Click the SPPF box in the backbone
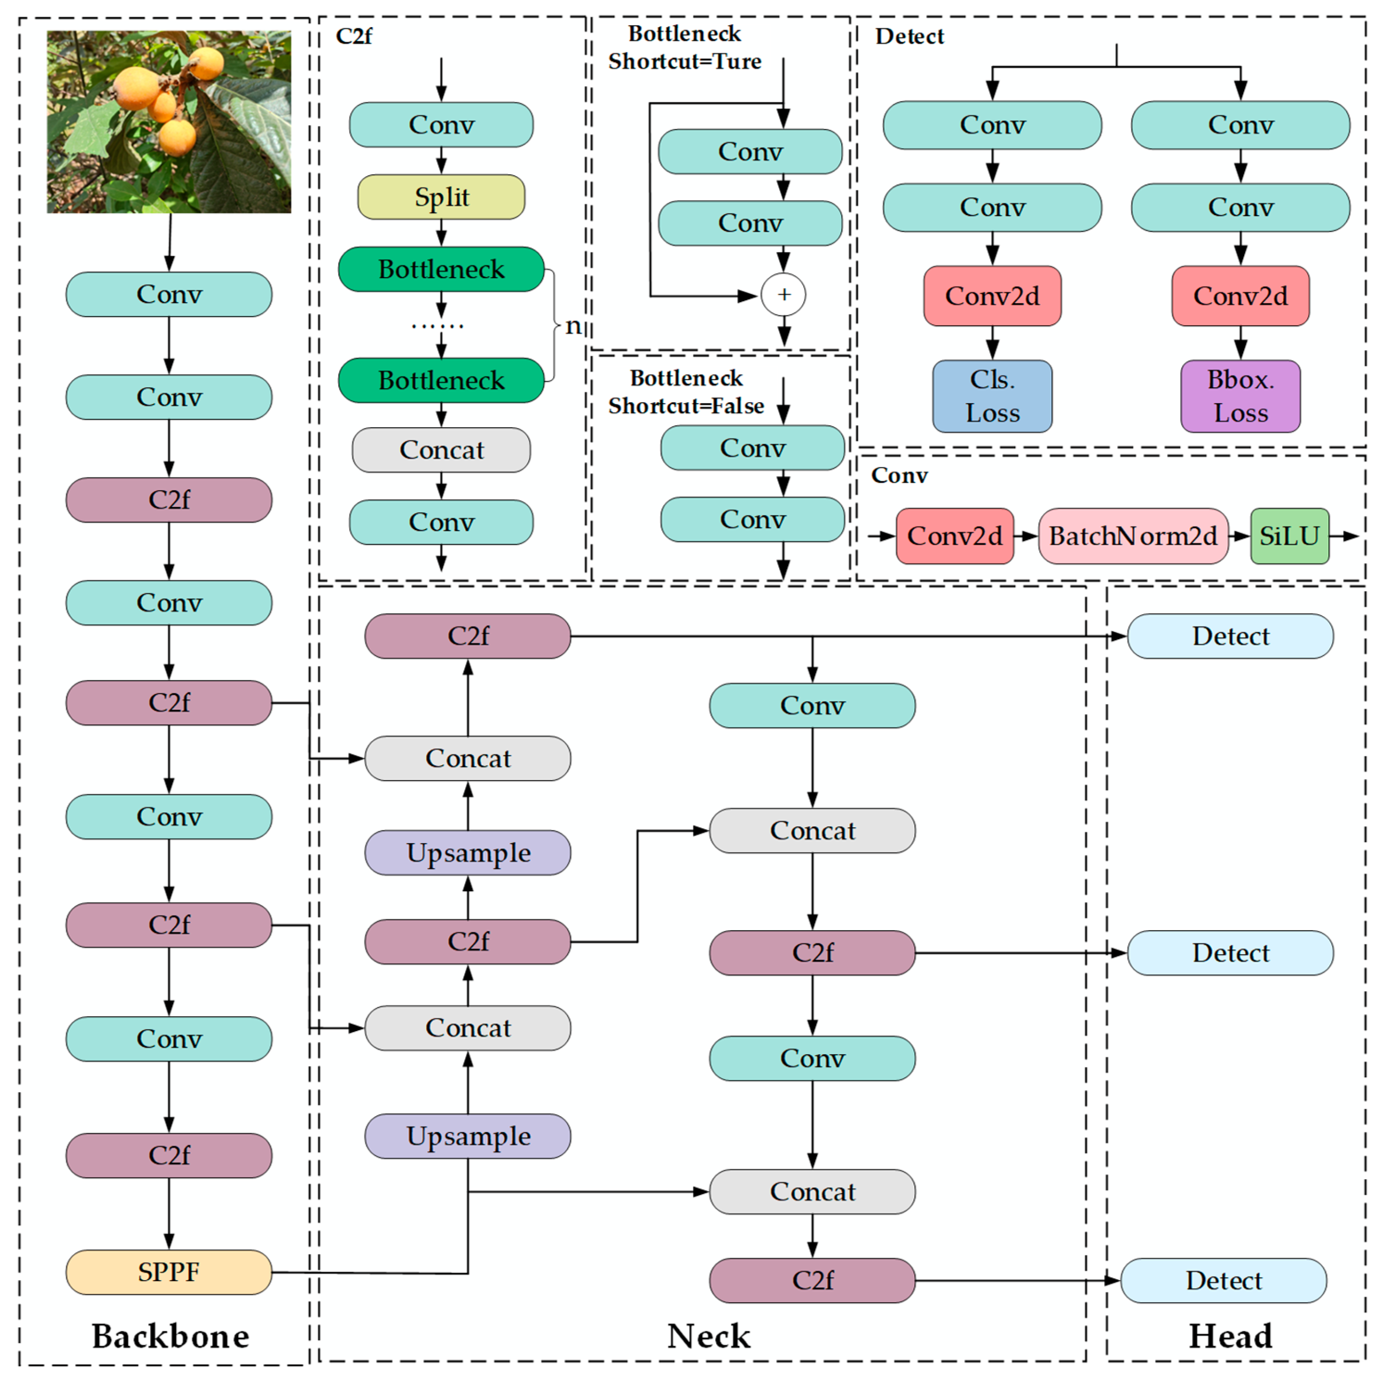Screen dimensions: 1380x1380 [169, 1271]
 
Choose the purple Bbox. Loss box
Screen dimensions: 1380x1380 [1240, 396]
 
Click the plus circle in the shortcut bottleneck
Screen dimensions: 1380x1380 [784, 294]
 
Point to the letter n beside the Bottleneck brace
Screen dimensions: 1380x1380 [573, 326]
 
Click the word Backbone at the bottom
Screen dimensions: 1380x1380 [170, 1336]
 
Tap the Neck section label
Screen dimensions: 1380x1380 [709, 1336]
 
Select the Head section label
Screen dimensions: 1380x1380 [1230, 1336]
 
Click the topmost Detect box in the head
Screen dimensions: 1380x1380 [1230, 636]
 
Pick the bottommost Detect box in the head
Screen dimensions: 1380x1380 [1223, 1280]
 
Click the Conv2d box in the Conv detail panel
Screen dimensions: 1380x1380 [954, 536]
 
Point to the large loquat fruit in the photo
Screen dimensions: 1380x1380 [138, 87]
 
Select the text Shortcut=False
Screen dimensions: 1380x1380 [686, 406]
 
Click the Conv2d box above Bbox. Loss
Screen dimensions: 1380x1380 [1240, 296]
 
